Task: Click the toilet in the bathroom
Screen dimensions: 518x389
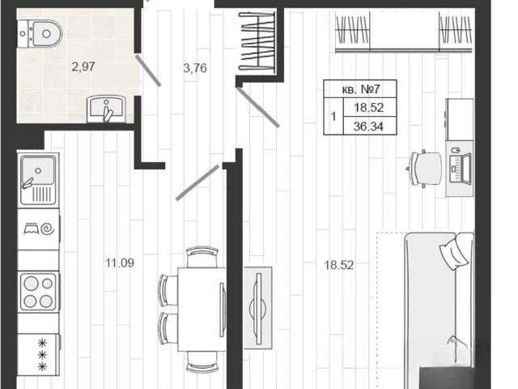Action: (40, 33)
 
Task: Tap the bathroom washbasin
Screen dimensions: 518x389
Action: (106, 109)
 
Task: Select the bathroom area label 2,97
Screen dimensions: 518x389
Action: (83, 66)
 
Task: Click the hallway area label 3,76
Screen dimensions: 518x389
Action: (195, 68)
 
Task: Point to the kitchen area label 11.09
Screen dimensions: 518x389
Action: (120, 263)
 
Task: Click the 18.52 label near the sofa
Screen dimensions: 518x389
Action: (339, 265)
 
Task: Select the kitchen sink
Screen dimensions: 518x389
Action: (38, 179)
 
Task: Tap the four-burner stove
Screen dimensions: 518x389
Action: (38, 292)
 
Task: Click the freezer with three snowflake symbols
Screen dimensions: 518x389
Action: (39, 355)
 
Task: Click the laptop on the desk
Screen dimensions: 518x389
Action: (461, 169)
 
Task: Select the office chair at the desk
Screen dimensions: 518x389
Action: (424, 169)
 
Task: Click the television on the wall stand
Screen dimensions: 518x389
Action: (258, 309)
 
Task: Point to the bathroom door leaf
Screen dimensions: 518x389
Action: (148, 71)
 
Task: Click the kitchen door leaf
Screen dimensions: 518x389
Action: (197, 182)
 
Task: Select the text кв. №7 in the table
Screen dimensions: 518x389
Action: (361, 89)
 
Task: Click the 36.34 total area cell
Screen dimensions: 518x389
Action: (368, 126)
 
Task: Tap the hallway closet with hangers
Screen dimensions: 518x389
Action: (257, 41)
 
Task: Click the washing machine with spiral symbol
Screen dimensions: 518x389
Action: (39, 229)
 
